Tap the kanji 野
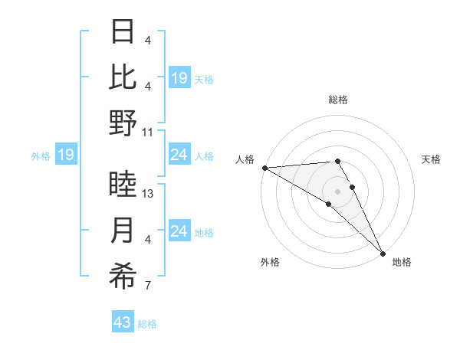coord(123,123)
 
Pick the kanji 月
coord(123,231)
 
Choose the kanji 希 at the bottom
coord(123,277)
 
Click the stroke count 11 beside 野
coord(148,132)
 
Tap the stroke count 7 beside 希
coord(147,286)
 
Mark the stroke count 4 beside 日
coord(147,40)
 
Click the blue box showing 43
coord(122,323)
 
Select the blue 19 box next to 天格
coord(179,78)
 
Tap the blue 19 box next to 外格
coord(65,155)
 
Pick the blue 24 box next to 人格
coord(179,155)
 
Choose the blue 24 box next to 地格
coord(179,232)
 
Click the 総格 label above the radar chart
coord(337,100)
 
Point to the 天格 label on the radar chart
coord(431,159)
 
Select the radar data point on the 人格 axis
coord(264,168)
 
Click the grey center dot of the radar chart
coord(337,191)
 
